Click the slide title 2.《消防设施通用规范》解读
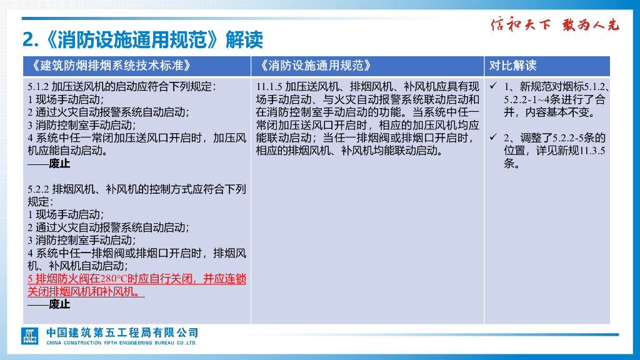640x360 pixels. [142, 40]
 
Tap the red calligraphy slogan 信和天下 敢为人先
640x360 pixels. [554, 25]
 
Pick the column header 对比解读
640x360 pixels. [512, 66]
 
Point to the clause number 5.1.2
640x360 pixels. [39, 86]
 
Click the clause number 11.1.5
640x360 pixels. [269, 86]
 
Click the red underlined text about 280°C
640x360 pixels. [137, 285]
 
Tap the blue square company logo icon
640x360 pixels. [30, 336]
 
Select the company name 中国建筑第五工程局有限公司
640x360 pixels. [122, 332]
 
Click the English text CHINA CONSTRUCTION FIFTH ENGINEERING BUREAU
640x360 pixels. [122, 342]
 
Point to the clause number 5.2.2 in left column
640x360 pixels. [39, 189]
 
